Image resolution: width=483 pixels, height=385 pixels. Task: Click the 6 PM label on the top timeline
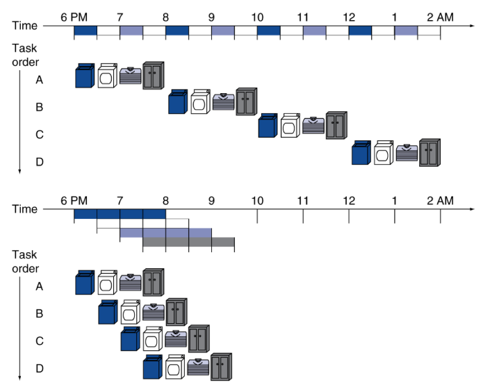coord(74,15)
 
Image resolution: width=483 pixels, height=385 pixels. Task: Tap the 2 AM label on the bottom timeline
coord(440,201)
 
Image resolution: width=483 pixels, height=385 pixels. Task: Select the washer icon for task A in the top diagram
coord(84,76)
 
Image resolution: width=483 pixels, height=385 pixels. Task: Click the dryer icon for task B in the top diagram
coord(200,101)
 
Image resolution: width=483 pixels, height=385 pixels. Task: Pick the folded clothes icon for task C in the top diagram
coord(313,126)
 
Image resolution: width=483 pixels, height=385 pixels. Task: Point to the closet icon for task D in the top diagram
coord(429,152)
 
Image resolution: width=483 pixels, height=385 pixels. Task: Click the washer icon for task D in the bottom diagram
coord(152,366)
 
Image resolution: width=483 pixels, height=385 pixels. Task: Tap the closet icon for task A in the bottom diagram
coord(153,281)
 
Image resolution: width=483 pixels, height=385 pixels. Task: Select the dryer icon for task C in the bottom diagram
coord(153,338)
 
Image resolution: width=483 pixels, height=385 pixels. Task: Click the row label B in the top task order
coord(40,107)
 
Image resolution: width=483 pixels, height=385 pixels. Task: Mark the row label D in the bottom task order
coord(40,368)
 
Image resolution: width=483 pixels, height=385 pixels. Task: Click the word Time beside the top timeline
coord(25,26)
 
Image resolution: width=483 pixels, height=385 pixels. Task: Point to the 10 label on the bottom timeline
coord(257,201)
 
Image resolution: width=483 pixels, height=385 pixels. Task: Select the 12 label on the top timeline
coord(348,15)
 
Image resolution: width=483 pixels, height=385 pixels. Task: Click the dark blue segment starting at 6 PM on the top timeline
coord(85,31)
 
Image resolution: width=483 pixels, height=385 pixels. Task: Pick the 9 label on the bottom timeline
coord(211,201)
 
